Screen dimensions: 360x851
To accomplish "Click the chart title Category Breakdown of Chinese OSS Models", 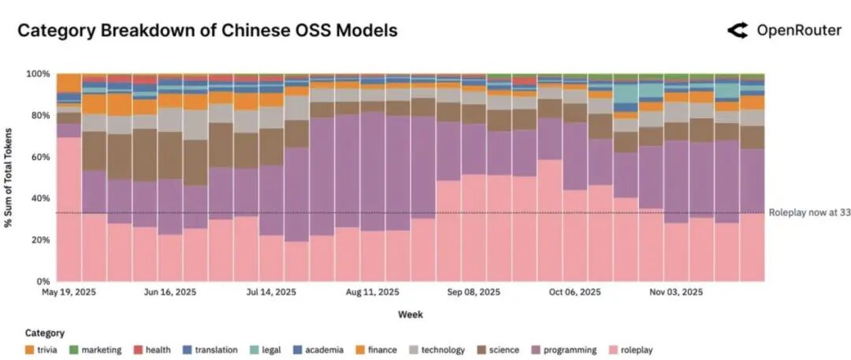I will tap(207, 31).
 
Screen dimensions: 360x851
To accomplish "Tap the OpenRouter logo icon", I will tap(737, 31).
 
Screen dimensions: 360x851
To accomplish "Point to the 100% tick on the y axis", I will tap(39, 74).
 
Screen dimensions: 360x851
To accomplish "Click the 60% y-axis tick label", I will tap(41, 157).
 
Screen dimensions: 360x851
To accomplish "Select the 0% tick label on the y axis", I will tap(44, 281).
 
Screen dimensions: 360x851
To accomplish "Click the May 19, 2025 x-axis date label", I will tap(69, 292).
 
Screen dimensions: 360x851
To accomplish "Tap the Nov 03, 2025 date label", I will tap(676, 292).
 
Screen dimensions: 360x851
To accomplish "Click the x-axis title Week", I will tap(410, 314).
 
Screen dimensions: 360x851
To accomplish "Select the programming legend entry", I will tap(556, 350).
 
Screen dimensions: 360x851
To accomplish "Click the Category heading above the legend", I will tap(45, 333).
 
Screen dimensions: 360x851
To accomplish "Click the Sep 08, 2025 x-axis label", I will tap(474, 292).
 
